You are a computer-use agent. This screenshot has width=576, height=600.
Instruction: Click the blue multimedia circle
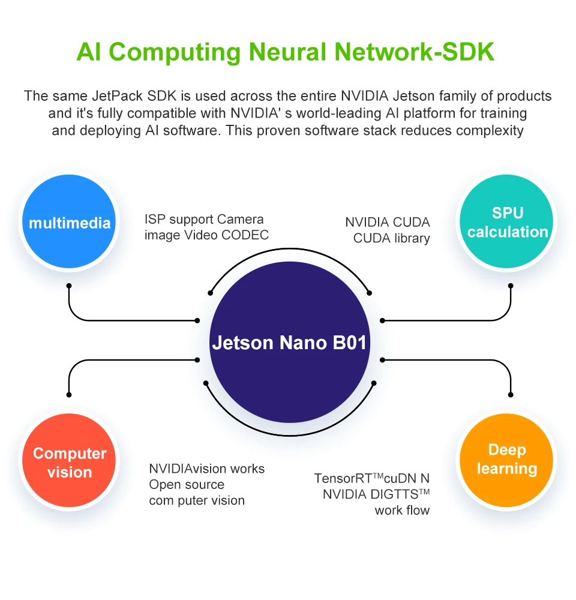click(x=69, y=221)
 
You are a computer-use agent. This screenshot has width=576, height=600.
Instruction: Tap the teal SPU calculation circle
click(x=507, y=221)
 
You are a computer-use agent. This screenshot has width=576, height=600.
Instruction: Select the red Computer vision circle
click(x=69, y=460)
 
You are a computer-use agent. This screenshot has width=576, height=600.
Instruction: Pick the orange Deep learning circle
click(x=507, y=460)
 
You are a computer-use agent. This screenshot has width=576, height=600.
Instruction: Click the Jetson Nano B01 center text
click(x=289, y=343)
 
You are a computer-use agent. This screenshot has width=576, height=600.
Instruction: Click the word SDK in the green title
click(x=469, y=52)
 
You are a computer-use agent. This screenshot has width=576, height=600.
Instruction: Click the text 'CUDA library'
click(x=392, y=238)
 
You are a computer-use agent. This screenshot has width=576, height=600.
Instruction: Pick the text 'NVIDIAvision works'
click(x=206, y=469)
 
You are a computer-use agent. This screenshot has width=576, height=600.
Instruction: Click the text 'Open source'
click(x=187, y=484)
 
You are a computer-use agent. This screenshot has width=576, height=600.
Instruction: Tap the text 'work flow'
click(x=402, y=511)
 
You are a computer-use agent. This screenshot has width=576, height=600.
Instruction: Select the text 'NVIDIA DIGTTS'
click(x=371, y=494)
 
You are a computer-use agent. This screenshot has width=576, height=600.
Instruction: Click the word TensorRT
click(x=343, y=478)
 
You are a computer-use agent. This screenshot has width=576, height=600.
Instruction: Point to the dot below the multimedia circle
click(x=69, y=286)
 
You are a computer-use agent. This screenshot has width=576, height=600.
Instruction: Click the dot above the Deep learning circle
click(x=511, y=395)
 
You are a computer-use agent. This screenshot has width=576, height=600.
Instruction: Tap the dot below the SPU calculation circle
click(x=511, y=286)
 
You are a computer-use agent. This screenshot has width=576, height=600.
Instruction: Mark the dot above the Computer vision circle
click(x=69, y=395)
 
